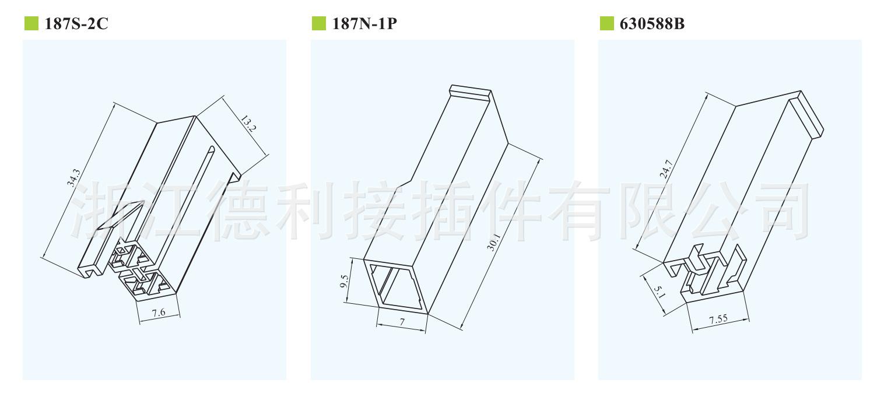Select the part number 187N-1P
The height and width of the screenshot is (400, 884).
click(364, 24)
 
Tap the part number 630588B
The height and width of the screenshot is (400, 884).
click(651, 24)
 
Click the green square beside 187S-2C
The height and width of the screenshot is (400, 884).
click(30, 24)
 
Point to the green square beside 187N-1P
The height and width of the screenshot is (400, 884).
click(318, 24)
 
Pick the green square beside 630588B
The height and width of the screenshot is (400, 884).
click(606, 24)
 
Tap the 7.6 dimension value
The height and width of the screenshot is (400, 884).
click(159, 313)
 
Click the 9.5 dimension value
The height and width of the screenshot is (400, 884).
click(345, 282)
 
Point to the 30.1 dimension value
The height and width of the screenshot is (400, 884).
click(494, 241)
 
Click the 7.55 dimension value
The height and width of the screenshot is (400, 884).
click(718, 320)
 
